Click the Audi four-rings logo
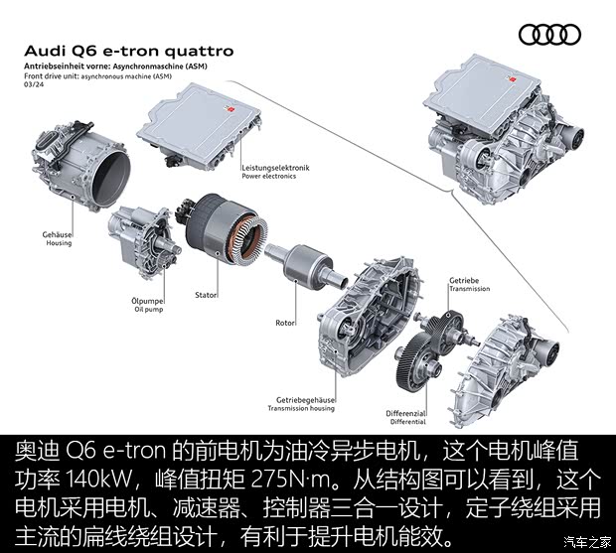pos(549,34)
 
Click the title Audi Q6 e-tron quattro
pos(129,52)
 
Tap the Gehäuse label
pos(57,234)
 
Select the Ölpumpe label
pos(147,301)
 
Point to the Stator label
pos(206,295)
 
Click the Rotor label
pos(285,323)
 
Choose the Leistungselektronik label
pos(275,168)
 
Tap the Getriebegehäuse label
pos(305,400)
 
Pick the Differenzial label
pos(405,413)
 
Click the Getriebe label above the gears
pos(464,280)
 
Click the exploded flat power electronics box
pos(199,126)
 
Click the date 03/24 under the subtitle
pos(34,84)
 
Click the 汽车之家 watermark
pos(588,542)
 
